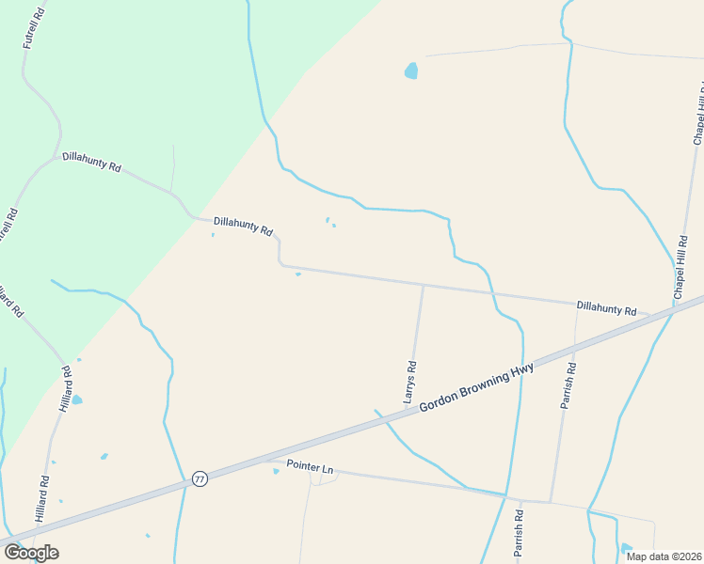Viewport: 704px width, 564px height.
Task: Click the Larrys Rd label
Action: (x=410, y=382)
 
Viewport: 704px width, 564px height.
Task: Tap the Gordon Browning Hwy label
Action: (x=476, y=386)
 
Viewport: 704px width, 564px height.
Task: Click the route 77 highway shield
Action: (x=200, y=478)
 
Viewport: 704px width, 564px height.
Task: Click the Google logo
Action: (x=31, y=553)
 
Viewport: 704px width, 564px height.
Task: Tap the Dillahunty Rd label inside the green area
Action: (x=91, y=162)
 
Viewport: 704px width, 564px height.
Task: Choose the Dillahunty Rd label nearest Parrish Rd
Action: (x=606, y=307)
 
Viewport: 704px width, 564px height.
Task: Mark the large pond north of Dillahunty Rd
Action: (x=410, y=70)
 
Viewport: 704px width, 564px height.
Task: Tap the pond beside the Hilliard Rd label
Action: (x=77, y=399)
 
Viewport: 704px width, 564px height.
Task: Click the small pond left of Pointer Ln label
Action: (x=276, y=471)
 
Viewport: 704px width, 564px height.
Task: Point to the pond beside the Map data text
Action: (x=627, y=548)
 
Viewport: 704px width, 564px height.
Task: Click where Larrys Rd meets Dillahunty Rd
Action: (x=423, y=286)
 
